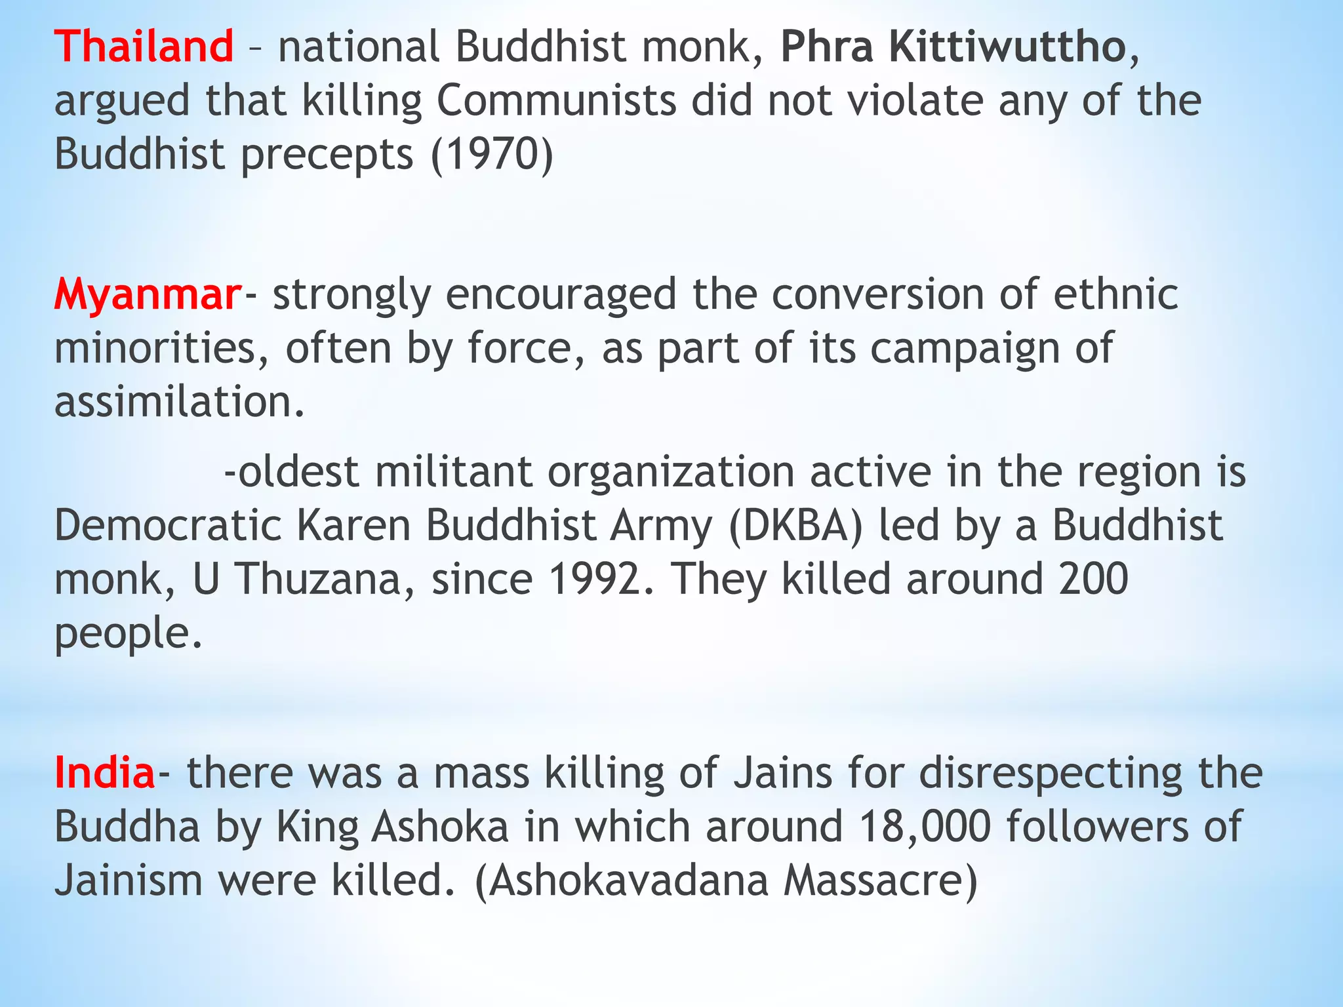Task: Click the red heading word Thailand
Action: (144, 47)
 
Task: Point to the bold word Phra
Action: (827, 47)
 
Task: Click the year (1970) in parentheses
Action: (492, 155)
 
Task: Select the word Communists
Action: (557, 101)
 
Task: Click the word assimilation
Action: (179, 402)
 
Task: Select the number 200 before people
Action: (1093, 580)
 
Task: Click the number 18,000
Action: (924, 826)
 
